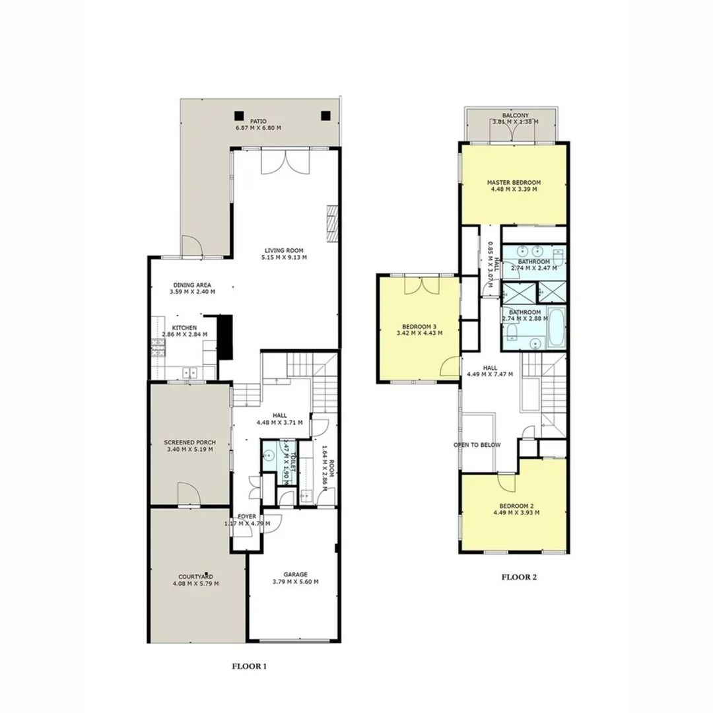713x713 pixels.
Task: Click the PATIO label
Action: (258, 121)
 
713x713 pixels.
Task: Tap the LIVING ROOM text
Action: (284, 250)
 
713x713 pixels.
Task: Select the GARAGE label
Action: (296, 574)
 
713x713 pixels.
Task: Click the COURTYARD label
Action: (195, 576)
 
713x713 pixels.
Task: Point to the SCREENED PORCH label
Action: (189, 442)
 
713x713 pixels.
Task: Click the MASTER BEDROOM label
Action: (514, 182)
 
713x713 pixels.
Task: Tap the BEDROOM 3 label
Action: (419, 325)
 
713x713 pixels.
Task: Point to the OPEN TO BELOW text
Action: (477, 445)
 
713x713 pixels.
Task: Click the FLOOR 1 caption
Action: (249, 667)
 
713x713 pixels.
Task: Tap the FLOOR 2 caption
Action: (519, 577)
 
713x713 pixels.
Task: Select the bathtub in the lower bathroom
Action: (555, 327)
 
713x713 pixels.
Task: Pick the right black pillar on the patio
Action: (325, 116)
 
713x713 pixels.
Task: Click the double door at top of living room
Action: (285, 161)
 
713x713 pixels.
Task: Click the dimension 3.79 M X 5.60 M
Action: (296, 582)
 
